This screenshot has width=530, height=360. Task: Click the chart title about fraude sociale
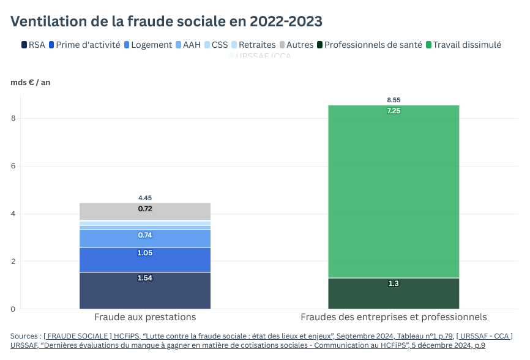pyautogui.click(x=166, y=21)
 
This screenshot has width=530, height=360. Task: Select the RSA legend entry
pyautogui.click(x=33, y=45)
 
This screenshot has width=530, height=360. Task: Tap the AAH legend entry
pyautogui.click(x=188, y=45)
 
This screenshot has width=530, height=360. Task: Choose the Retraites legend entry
pyautogui.click(x=253, y=45)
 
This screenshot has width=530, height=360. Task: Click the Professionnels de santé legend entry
pyautogui.click(x=368, y=45)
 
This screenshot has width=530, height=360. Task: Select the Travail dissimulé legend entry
pyautogui.click(x=463, y=45)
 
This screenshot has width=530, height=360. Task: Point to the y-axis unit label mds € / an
pyautogui.click(x=31, y=83)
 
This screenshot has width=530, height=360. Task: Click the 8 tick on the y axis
pyautogui.click(x=13, y=119)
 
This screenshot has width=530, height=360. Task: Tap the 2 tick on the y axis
pyautogui.click(x=13, y=261)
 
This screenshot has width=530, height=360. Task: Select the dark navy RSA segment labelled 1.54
pyautogui.click(x=145, y=291)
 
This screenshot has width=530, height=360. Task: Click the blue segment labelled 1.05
pyautogui.click(x=145, y=260)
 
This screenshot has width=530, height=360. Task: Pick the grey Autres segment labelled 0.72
pyautogui.click(x=145, y=211)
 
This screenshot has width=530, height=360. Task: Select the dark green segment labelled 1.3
pyautogui.click(x=394, y=294)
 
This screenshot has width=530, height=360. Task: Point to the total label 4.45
pyautogui.click(x=145, y=198)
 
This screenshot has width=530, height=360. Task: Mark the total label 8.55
pyautogui.click(x=394, y=100)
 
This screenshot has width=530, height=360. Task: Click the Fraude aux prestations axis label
pyautogui.click(x=145, y=317)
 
